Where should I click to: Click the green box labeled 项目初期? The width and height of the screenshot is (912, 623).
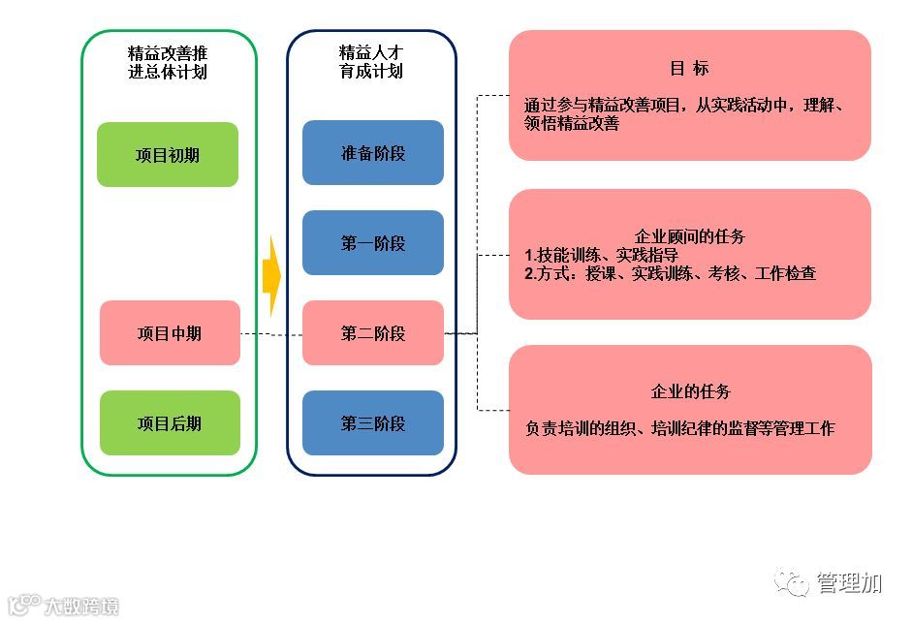tap(168, 154)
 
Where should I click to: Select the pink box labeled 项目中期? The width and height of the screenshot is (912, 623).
tap(170, 333)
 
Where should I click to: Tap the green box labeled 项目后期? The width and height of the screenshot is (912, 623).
tap(170, 423)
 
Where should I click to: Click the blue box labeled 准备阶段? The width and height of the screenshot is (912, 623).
tap(373, 153)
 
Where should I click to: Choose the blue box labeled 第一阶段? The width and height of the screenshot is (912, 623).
tap(373, 243)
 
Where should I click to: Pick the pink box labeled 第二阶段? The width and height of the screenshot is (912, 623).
tap(373, 333)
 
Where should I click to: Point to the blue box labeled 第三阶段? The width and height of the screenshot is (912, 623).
tap(373, 423)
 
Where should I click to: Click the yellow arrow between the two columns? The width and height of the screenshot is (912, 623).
tap(271, 277)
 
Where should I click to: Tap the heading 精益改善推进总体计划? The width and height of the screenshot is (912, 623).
tap(168, 61)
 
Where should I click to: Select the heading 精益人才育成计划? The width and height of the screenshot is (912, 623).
tap(371, 61)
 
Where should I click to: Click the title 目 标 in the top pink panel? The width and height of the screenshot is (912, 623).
tap(689, 69)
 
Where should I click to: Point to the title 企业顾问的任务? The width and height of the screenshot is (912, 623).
tap(689, 236)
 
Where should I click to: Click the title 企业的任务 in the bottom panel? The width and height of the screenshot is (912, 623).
tap(690, 392)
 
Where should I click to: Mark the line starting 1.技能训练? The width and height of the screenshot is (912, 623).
tap(601, 255)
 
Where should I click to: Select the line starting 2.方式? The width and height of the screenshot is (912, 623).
tap(670, 274)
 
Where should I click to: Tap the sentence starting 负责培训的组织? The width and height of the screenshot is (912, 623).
tap(679, 428)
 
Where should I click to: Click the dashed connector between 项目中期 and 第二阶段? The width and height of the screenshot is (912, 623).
tap(271, 334)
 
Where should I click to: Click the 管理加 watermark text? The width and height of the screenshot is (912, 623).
tap(849, 582)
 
